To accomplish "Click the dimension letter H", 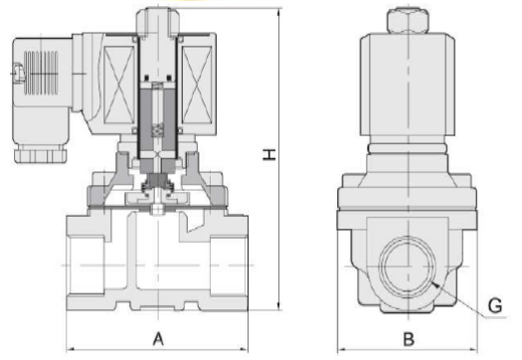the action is pos(269,155).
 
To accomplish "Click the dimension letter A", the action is pos(158,339).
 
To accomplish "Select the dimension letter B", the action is pos(409,339).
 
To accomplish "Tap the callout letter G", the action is pos(495,305).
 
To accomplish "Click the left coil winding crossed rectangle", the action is pos(119,85).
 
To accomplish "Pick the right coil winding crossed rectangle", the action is pos(197,85).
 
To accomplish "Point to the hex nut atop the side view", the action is pos(408,21).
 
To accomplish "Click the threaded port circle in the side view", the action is pos(407,268).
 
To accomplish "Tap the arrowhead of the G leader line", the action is pos(435,284).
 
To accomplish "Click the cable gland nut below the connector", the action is pos(41,155).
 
